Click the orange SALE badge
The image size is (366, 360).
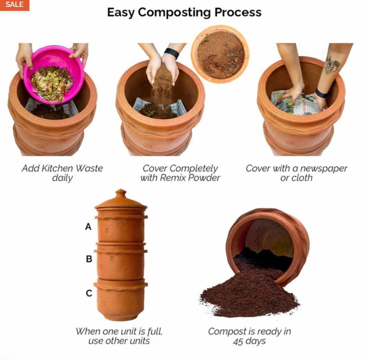15,5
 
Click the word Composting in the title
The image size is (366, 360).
174,13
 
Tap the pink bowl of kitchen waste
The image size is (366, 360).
54,74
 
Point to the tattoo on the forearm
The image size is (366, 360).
332,65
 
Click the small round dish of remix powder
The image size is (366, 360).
220,54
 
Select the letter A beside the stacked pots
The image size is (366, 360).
88,226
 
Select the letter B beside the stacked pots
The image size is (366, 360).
89,259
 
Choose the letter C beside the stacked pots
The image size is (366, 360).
89,293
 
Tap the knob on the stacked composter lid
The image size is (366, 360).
121,193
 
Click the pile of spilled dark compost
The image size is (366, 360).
250,292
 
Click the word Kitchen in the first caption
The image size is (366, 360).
57,168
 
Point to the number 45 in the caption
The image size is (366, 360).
238,341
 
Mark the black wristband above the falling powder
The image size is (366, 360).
172,53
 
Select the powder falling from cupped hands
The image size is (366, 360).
162,86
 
